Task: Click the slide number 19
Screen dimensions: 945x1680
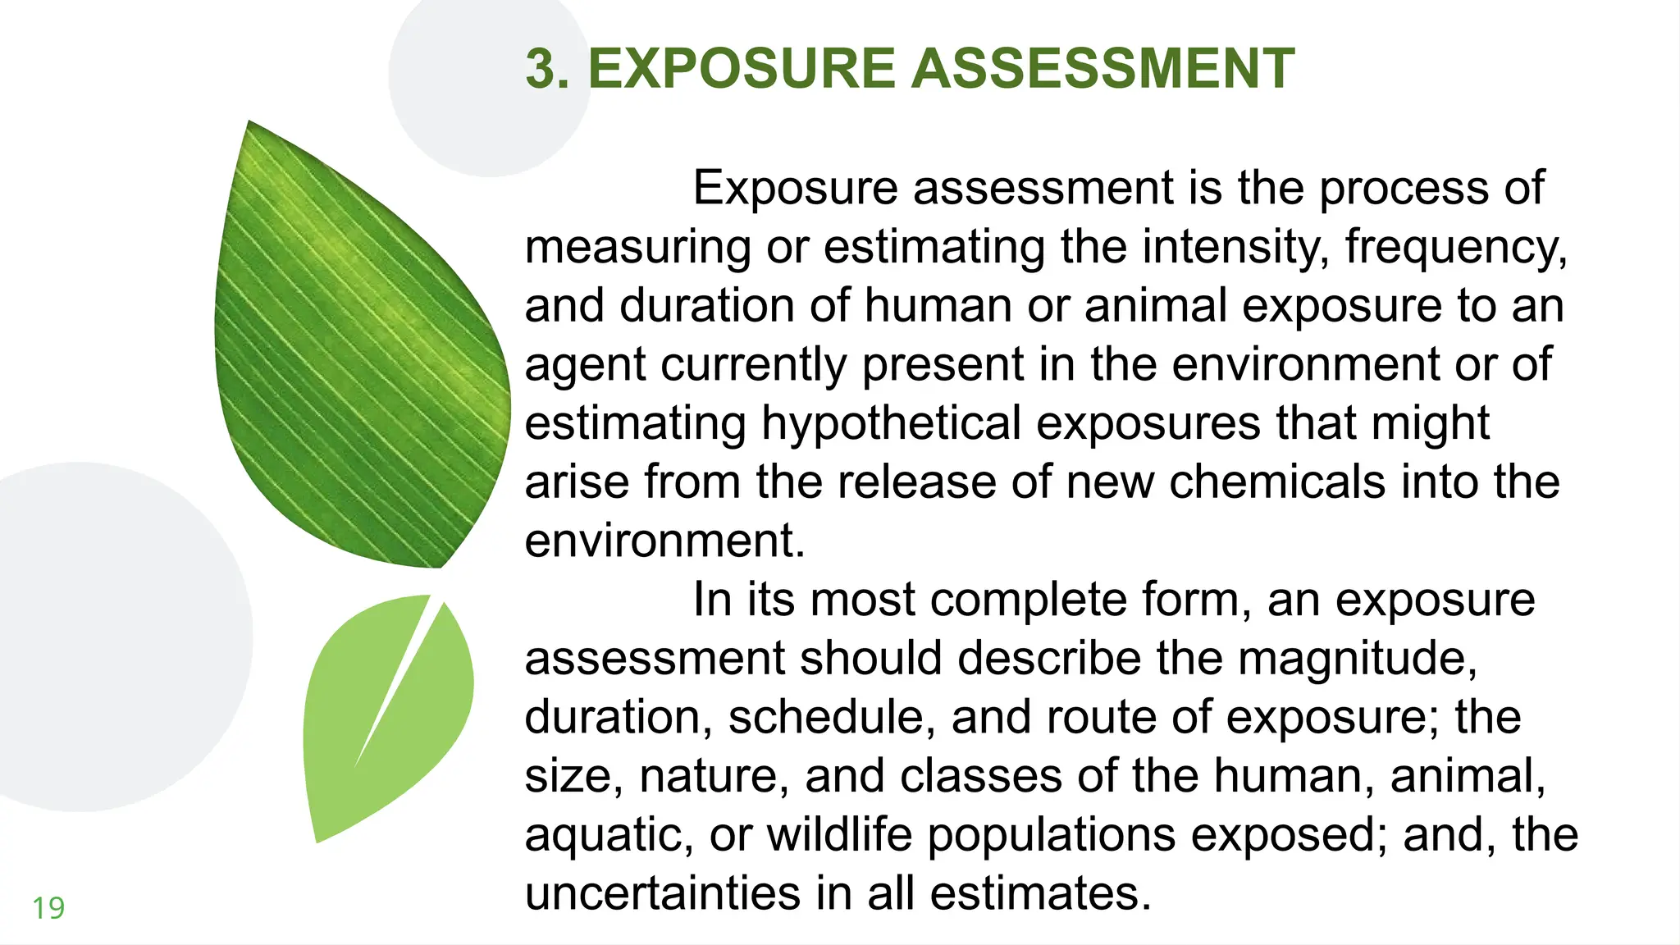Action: (48, 908)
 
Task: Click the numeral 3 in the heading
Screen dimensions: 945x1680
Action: (546, 68)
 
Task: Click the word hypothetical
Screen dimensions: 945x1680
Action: (891, 424)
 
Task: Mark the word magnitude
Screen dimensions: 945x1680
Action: (1357, 659)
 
